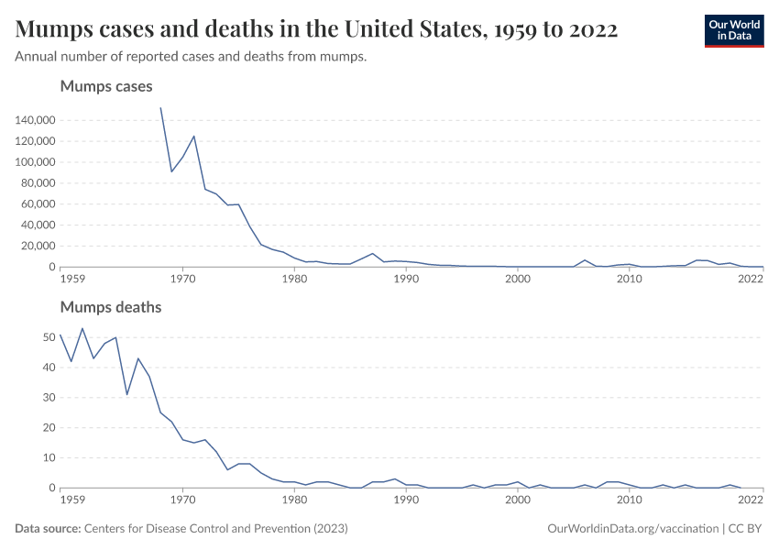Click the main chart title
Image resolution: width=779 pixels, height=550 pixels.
(x=316, y=30)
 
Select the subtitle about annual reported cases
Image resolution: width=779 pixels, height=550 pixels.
(x=191, y=57)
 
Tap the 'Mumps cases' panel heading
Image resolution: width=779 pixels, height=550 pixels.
(x=105, y=86)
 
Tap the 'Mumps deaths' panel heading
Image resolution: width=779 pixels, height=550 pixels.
(x=110, y=307)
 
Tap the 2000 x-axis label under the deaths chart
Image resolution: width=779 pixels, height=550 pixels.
(x=518, y=500)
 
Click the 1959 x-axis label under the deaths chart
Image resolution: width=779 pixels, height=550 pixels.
(x=72, y=500)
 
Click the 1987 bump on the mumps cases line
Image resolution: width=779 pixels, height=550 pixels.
(x=372, y=254)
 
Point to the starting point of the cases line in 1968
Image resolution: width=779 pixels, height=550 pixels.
(x=161, y=108)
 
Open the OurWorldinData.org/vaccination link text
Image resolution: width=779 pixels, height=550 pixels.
(x=631, y=529)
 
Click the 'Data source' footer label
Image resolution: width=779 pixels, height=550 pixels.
(x=48, y=529)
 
